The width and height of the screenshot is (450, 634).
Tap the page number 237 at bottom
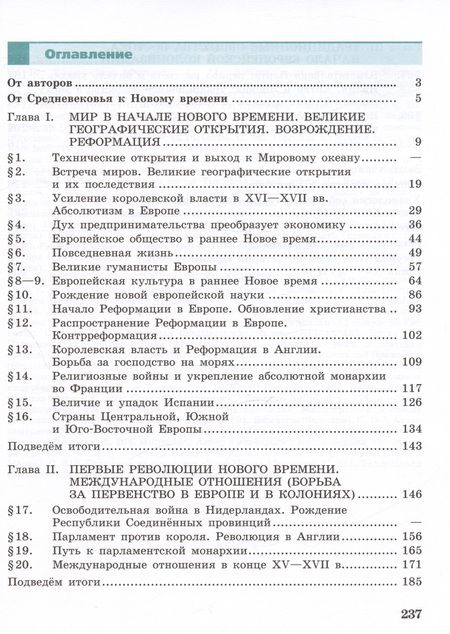(411, 615)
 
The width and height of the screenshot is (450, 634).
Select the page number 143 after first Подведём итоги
(412, 446)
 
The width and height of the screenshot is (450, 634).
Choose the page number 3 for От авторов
(420, 82)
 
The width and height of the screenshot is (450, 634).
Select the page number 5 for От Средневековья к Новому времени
(420, 99)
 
